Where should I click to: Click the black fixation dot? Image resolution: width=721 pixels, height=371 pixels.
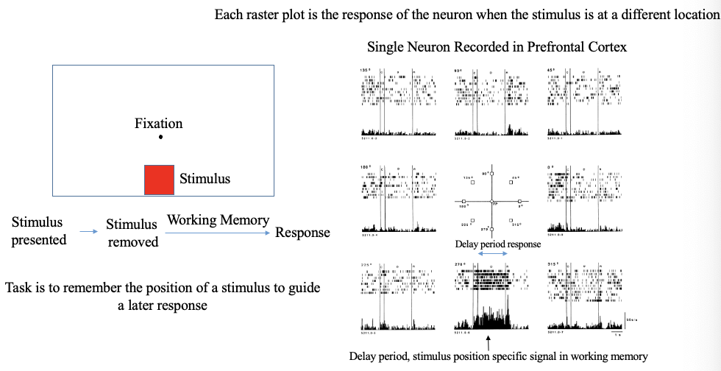coord(160,137)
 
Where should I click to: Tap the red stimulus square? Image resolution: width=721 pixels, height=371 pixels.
coord(159,180)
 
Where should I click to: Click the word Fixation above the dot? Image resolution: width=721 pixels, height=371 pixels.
coord(158,123)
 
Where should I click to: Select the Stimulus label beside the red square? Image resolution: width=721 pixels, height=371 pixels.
coord(205,179)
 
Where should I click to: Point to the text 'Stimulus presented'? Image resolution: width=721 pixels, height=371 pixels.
coord(38,231)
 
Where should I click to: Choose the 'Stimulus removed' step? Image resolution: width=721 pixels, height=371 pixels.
coord(132,233)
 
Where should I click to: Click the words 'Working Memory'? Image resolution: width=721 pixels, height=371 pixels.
coord(218,220)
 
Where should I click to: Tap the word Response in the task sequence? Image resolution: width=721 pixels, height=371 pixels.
coord(302,233)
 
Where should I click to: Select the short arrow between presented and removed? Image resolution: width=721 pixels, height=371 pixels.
coord(88,232)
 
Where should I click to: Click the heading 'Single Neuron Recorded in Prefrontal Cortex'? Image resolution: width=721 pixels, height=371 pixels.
coord(497,47)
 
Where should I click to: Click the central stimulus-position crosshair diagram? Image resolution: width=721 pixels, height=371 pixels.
coord(491,201)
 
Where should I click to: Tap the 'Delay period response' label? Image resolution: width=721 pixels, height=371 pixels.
coord(498,244)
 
